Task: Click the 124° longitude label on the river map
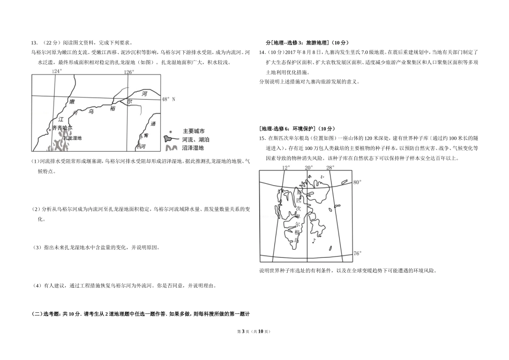click(x=57, y=71)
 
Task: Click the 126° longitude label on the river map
click(x=129, y=71)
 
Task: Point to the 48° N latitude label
click(x=168, y=99)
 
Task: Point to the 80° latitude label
click(x=357, y=183)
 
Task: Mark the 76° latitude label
click(x=357, y=253)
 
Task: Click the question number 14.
click(x=262, y=52)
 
